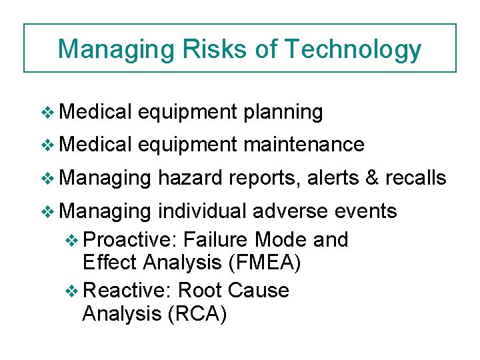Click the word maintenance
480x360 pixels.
coord(303,145)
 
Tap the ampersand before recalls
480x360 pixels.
coord(372,177)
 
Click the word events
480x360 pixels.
coord(366,211)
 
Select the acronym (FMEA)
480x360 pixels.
coord(265,263)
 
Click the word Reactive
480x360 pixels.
coord(129,290)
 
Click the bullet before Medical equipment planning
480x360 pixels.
coord(47,113)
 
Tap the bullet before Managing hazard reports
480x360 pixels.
coord(47,178)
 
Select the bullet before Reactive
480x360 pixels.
coord(73,291)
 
